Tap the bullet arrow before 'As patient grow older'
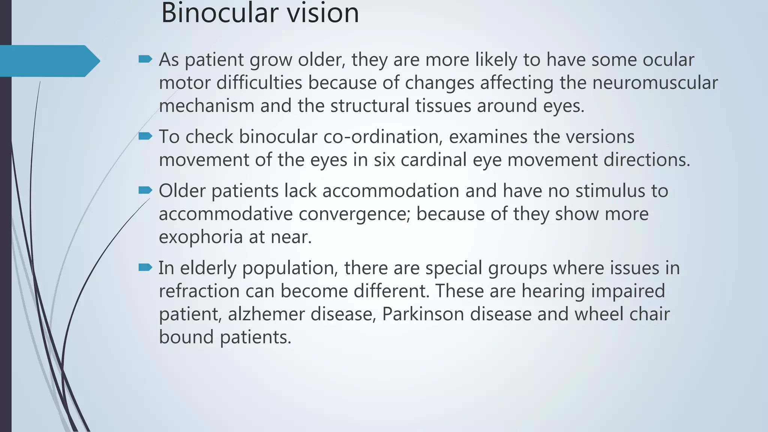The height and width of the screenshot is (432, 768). (145, 59)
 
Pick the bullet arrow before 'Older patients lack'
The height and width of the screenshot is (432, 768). (145, 190)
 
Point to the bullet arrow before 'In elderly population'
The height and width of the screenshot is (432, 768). (145, 267)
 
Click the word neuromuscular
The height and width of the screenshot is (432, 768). (655, 83)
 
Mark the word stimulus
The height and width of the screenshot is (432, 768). (610, 191)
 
